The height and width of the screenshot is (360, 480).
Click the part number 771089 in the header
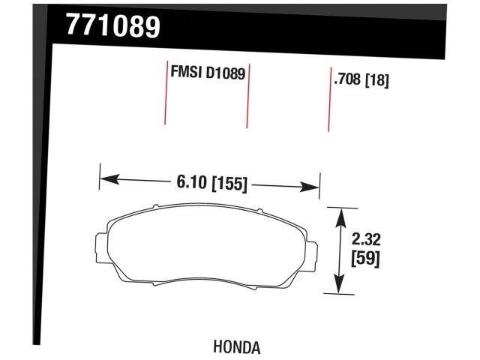pos(113,25)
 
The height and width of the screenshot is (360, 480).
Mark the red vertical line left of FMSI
pos(165,93)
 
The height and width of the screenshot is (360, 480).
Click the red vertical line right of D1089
pos(247,96)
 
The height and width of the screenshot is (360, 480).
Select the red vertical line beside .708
pos(328,100)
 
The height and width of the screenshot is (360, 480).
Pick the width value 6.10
pos(192,182)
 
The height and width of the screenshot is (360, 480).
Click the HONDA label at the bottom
pos(237,347)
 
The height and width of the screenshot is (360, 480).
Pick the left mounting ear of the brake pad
pos(100,248)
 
